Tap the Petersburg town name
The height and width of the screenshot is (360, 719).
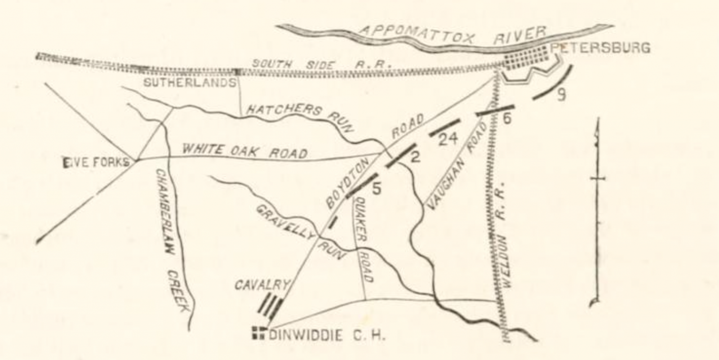(600, 48)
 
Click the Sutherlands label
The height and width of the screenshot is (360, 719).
(190, 83)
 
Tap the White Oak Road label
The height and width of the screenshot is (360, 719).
(245, 151)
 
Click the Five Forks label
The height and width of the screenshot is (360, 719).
(96, 162)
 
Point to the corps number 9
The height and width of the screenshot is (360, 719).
(561, 95)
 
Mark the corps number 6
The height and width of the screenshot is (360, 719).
(507, 119)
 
